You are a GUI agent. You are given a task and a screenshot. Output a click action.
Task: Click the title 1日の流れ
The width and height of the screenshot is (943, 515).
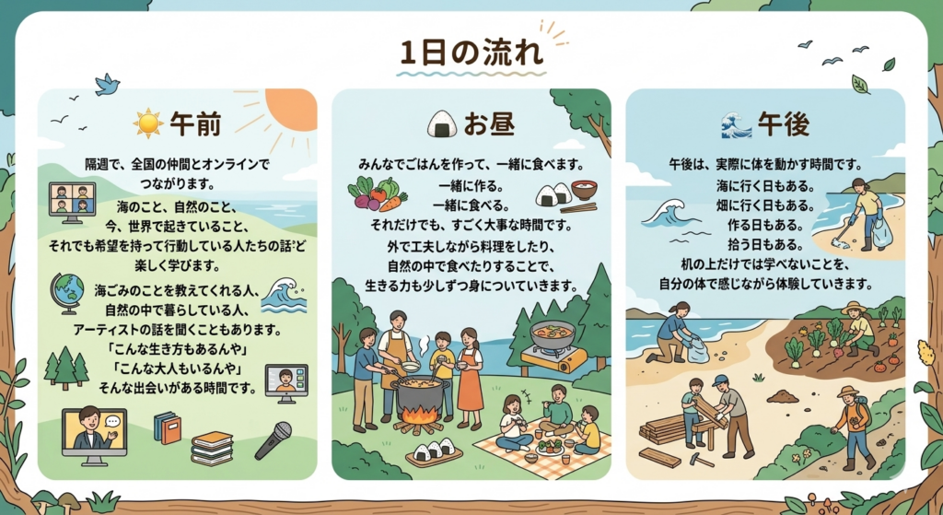[471, 52]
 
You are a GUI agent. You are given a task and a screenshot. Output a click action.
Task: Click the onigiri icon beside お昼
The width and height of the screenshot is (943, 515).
[442, 124]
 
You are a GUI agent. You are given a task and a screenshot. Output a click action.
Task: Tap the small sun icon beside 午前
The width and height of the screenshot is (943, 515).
[148, 123]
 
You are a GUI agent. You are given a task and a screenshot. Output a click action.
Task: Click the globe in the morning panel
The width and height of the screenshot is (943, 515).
[67, 292]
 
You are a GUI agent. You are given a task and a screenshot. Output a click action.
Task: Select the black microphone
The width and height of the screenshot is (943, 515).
[274, 440]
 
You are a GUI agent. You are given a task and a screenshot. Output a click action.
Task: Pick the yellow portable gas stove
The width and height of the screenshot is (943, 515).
[553, 359]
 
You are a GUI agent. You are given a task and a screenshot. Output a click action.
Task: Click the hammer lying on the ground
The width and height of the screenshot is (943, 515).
[701, 460]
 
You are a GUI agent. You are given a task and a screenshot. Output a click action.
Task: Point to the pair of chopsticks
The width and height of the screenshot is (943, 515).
[578, 208]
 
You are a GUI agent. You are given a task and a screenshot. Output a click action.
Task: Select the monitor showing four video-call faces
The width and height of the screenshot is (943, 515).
[72, 202]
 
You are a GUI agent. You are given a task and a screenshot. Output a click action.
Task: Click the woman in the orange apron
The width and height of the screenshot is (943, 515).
[469, 379]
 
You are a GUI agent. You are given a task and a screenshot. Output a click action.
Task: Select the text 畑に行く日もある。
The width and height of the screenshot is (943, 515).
[765, 205]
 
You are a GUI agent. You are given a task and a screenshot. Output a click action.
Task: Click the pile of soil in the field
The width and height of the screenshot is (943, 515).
[783, 396]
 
